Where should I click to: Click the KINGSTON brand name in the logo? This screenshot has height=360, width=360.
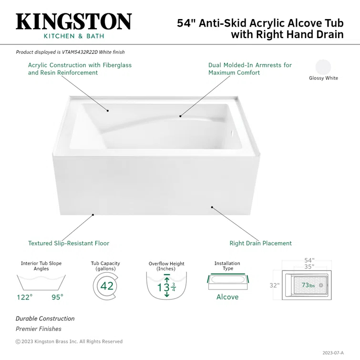click(x=74, y=21)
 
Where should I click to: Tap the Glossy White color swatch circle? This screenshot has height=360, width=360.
click(x=323, y=67)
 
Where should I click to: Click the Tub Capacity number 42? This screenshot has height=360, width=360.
click(x=107, y=286)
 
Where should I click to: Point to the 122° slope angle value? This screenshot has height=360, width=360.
click(x=24, y=297)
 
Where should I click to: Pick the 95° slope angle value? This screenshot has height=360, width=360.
click(x=57, y=297)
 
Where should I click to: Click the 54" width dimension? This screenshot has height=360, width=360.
click(x=309, y=260)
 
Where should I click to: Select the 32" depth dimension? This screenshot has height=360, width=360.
click(x=274, y=286)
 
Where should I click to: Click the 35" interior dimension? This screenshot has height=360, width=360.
click(x=309, y=267)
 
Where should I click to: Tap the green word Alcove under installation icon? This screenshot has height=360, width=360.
click(x=227, y=297)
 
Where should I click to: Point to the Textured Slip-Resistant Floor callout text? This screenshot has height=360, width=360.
click(x=69, y=243)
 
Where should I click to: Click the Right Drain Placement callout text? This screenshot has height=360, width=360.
click(x=260, y=243)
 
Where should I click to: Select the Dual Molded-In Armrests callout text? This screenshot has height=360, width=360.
click(x=250, y=69)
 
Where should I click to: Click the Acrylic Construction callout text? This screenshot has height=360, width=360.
click(x=80, y=69)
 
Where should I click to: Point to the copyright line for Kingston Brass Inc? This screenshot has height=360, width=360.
click(x=69, y=341)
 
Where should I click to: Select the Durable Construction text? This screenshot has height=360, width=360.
click(x=45, y=319)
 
